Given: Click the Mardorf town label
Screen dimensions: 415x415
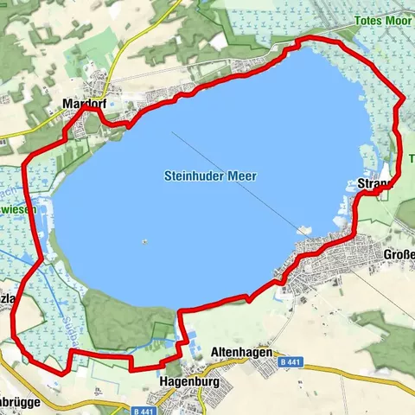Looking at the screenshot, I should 84,103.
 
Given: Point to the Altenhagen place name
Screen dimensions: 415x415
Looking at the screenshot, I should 242,353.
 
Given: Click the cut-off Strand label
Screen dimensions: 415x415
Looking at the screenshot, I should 375,183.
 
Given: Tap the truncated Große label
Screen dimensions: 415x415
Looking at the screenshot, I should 399,256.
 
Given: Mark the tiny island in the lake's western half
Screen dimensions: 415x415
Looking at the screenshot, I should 144,241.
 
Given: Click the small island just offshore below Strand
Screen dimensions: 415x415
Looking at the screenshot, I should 303,230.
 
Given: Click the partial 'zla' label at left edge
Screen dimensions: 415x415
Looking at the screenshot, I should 8,298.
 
